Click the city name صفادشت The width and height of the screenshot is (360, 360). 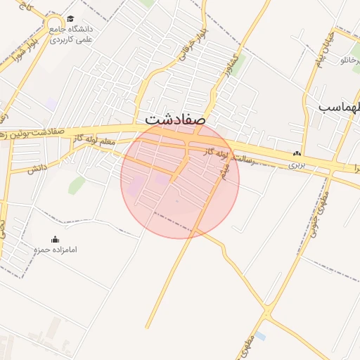point(175,119)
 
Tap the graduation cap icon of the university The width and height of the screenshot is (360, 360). point(70,19)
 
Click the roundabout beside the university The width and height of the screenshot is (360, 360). point(54,27)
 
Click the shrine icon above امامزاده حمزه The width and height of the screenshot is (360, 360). point(56,240)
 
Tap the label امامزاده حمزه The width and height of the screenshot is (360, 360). point(55,250)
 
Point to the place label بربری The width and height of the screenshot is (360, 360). point(296,165)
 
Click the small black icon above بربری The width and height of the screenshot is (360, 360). point(297,154)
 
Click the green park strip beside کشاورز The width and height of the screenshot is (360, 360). point(238,65)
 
